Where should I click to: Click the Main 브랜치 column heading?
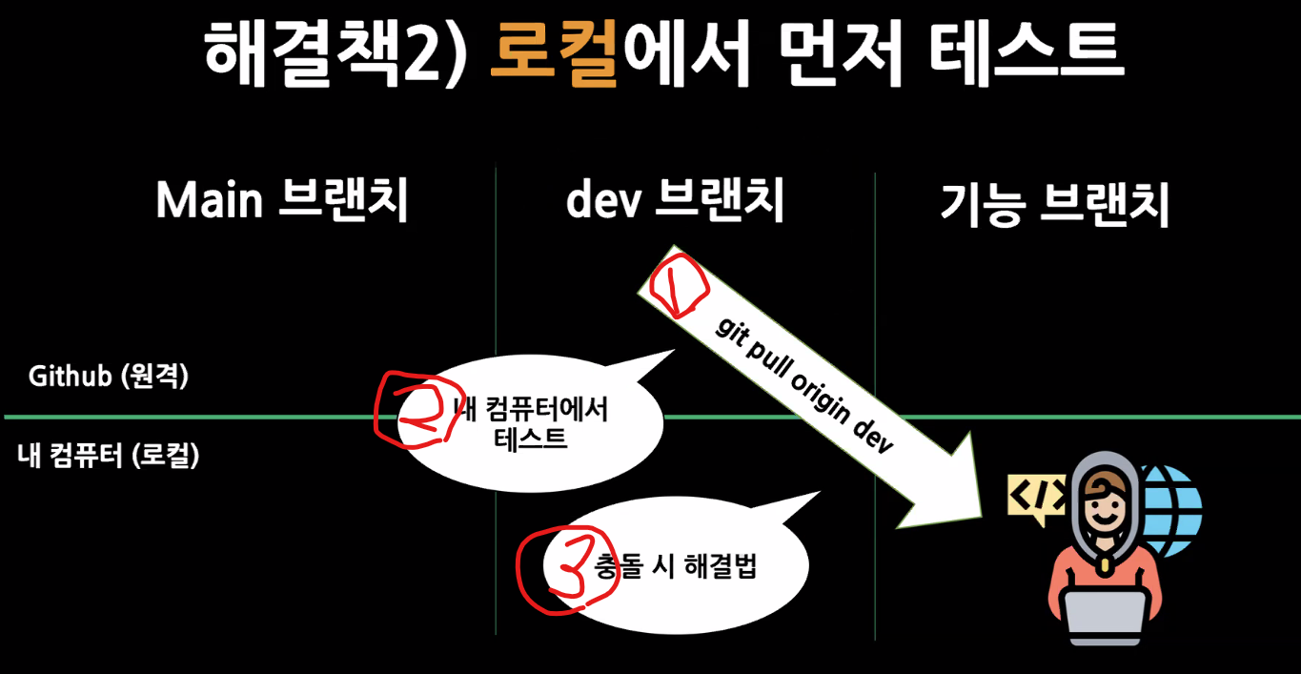(x=282, y=201)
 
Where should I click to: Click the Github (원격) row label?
(x=109, y=377)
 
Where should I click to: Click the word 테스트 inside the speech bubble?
(x=531, y=439)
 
